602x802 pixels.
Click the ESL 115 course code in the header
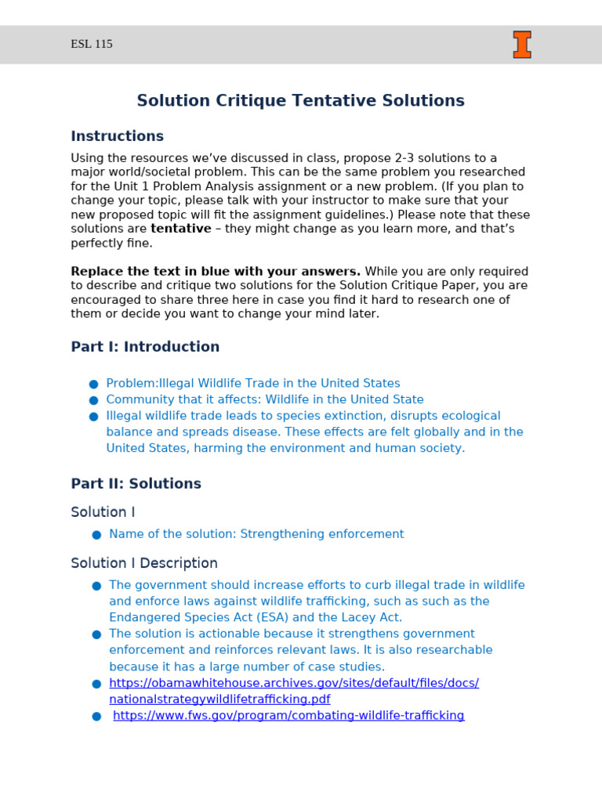click(x=92, y=45)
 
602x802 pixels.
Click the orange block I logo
click(x=522, y=45)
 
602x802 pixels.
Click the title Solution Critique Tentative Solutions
click(x=300, y=101)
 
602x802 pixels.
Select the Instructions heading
click(x=117, y=136)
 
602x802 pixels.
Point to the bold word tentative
click(x=180, y=229)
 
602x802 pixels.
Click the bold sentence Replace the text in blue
click(x=216, y=272)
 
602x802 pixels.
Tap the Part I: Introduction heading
click(x=145, y=347)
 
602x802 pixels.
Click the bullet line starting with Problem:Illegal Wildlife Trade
click(x=252, y=383)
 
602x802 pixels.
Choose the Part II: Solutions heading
click(x=136, y=484)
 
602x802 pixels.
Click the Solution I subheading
click(x=103, y=512)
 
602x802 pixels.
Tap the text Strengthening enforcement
click(x=321, y=534)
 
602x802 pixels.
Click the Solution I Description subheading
click(x=144, y=563)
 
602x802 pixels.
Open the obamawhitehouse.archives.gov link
click(x=293, y=683)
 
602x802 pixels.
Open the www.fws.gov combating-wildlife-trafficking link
click(x=288, y=716)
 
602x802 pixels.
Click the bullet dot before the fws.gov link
click(x=96, y=717)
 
